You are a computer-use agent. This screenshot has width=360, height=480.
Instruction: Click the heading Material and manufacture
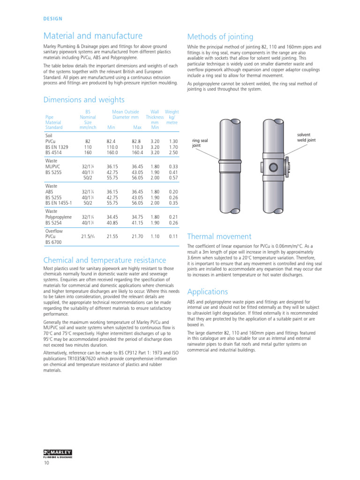click(93, 36)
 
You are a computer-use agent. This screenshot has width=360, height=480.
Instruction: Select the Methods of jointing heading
click(220, 37)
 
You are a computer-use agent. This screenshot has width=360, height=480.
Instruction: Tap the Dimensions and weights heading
click(83, 99)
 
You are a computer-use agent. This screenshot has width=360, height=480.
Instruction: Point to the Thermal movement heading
click(219, 237)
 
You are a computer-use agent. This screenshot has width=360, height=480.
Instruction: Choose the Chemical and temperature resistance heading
click(104, 260)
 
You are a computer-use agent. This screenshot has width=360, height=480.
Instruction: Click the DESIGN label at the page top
click(52, 19)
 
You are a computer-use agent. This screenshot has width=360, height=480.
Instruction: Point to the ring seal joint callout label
click(200, 142)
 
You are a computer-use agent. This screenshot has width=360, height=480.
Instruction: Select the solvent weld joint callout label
click(307, 137)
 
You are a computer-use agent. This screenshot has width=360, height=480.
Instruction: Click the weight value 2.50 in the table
click(173, 153)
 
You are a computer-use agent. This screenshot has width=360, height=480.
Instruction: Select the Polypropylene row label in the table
click(58, 217)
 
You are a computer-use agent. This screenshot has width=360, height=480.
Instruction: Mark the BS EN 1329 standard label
click(57, 147)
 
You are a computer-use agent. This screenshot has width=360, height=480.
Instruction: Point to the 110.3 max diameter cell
click(137, 147)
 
